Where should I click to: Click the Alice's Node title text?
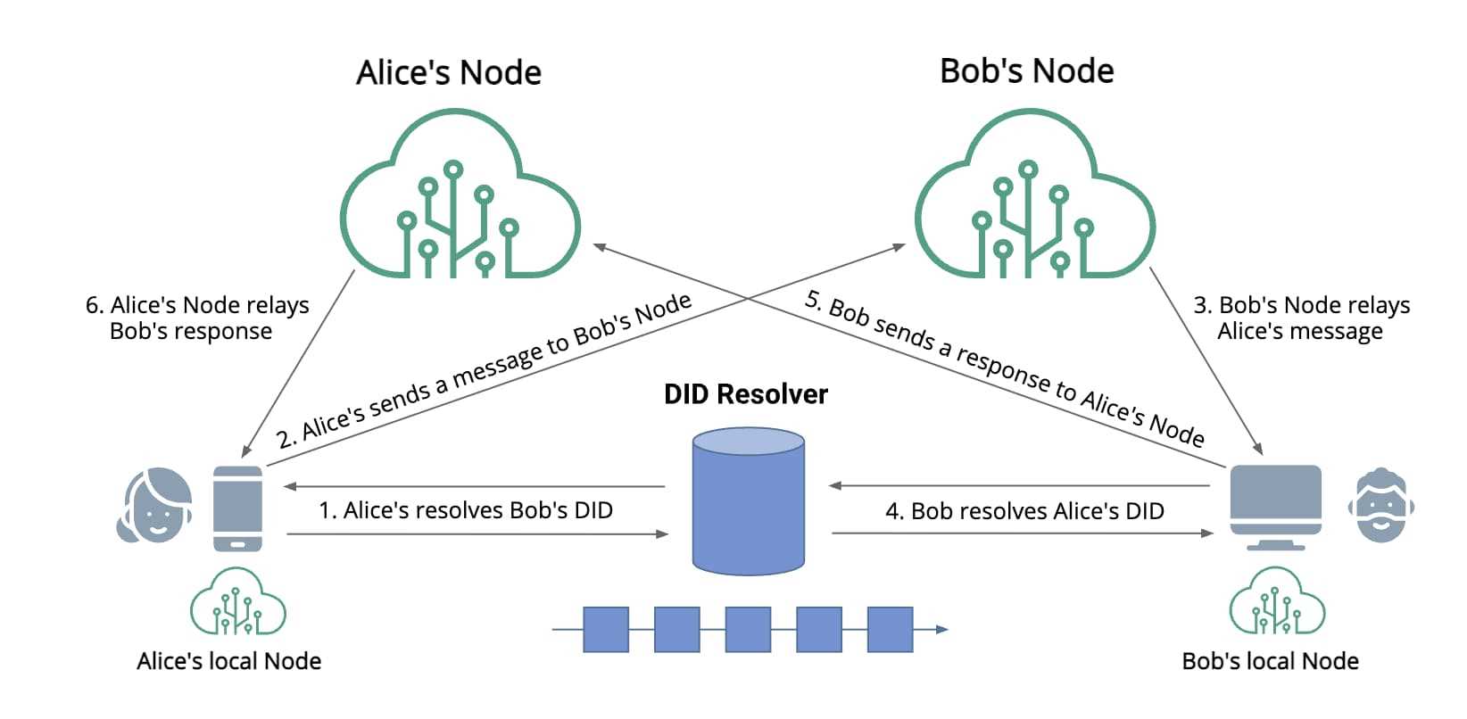click(x=449, y=72)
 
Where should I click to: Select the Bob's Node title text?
click(x=1026, y=70)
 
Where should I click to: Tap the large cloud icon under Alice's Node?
click(x=460, y=201)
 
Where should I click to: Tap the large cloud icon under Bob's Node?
click(x=1034, y=201)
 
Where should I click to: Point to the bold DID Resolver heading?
click(x=746, y=394)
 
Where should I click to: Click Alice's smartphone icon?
click(x=238, y=508)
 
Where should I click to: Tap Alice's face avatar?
click(x=155, y=505)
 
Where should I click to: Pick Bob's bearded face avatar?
click(x=1380, y=505)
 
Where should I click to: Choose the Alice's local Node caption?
click(x=229, y=661)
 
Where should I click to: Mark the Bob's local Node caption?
click(x=1270, y=661)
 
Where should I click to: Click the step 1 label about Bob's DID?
click(x=466, y=510)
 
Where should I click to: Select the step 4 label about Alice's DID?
click(x=1024, y=511)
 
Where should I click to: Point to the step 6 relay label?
click(x=196, y=318)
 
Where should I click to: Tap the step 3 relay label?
click(x=1301, y=318)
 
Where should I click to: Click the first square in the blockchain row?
click(x=606, y=630)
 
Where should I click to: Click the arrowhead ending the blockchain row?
click(x=942, y=630)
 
